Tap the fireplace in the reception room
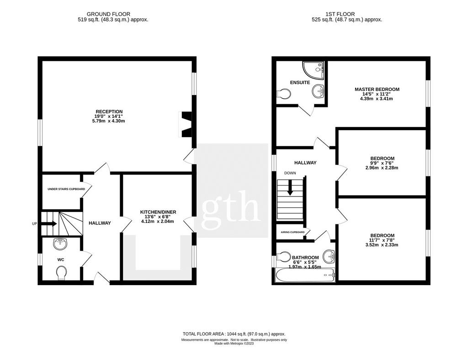(x=186, y=124)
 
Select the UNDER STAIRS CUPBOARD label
(x=66, y=189)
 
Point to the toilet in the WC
(x=61, y=273)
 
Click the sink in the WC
(x=60, y=244)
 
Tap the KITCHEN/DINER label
(x=158, y=212)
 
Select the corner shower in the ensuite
(x=313, y=71)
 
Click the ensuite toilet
(x=283, y=94)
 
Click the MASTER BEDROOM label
(x=377, y=89)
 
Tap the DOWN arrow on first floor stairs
(x=289, y=188)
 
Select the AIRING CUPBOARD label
(x=292, y=232)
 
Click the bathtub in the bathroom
(x=306, y=275)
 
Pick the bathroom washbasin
(x=329, y=256)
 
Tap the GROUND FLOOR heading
(x=108, y=14)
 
